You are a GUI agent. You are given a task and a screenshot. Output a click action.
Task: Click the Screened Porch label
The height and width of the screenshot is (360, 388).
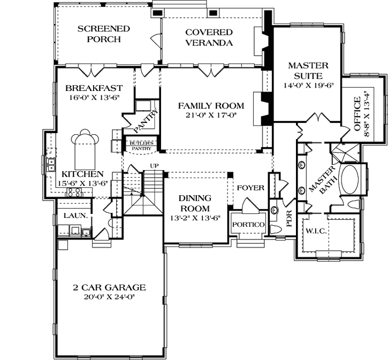coord(104,34)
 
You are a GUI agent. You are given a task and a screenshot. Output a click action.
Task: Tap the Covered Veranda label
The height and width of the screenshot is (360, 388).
coord(209,37)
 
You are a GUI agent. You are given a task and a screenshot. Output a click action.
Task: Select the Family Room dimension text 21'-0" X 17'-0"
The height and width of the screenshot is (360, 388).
coord(211,115)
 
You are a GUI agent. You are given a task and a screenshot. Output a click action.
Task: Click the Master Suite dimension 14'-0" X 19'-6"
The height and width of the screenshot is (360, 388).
coord(309,85)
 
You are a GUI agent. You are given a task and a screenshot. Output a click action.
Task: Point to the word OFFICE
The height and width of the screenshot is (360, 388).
coord(357,114)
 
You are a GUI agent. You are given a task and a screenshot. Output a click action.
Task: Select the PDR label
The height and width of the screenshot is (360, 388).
coord(289,219)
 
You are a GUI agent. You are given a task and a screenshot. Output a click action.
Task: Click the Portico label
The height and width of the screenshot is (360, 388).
coord(248,225)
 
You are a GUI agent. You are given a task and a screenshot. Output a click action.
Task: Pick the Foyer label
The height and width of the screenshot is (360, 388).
coord(250,188)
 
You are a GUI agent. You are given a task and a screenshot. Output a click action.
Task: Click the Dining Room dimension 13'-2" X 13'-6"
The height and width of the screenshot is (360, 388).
coord(195,218)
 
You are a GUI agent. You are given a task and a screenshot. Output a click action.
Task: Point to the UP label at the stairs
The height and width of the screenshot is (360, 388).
coord(155,166)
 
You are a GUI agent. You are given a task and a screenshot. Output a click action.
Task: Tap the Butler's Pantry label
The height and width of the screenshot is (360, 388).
coord(141,146)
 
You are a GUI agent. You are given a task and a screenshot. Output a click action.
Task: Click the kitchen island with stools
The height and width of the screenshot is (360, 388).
coord(85,150)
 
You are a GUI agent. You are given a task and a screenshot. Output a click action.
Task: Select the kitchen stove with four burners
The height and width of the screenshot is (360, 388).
coord(73,192)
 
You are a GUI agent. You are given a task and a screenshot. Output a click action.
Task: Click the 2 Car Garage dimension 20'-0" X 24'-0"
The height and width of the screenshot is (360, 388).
coord(109,297)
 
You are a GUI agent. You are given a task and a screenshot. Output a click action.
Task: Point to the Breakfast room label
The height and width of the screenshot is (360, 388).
coord(94,88)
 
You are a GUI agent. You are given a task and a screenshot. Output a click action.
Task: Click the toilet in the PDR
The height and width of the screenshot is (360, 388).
coord(275,229)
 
